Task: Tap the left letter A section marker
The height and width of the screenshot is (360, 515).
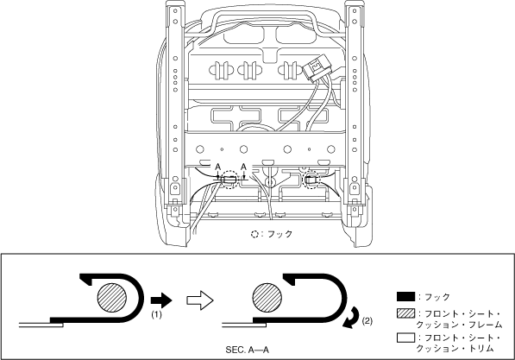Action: [x=217, y=167]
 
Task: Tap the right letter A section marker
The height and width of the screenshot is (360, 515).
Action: [x=243, y=167]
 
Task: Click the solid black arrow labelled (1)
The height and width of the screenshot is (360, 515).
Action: [x=161, y=300]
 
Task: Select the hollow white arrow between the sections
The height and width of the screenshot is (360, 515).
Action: [x=200, y=300]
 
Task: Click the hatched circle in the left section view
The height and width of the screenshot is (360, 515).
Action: [x=112, y=297]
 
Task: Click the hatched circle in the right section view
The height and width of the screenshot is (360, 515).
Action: [x=267, y=297]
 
